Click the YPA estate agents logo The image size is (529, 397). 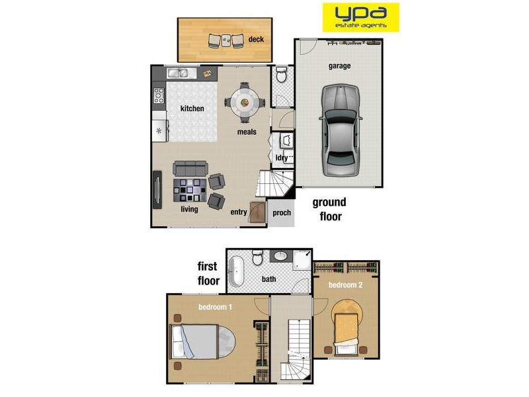pos(360,17)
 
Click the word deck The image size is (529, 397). pos(256,40)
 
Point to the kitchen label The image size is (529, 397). pos(192,109)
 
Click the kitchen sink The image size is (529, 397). pos(177,73)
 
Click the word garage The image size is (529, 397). pos(339,66)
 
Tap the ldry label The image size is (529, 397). pos(282,157)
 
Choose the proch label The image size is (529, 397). pos(282,212)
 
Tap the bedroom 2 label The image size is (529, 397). pos(346,285)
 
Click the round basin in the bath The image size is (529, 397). pos(280,256)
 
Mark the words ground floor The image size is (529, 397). pos(329,209)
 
